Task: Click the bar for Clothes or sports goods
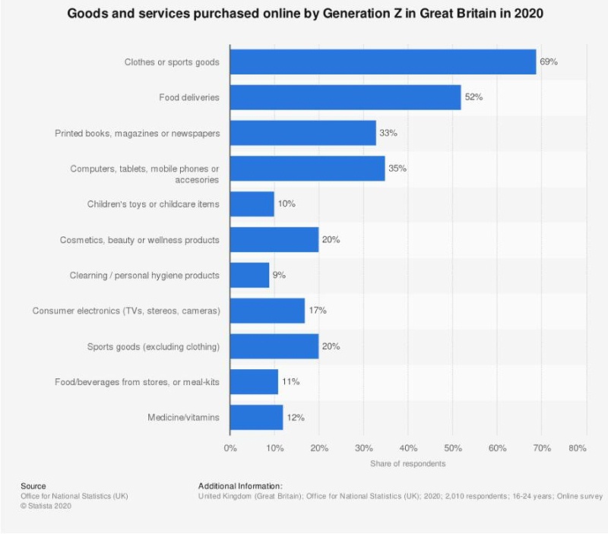point(382,62)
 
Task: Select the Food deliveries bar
point(345,97)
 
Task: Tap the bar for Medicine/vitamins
point(256,417)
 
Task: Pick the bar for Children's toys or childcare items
point(252,204)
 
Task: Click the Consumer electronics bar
point(267,311)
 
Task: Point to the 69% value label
point(549,62)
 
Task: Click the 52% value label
point(473,97)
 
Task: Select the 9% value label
point(279,275)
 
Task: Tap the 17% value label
point(318,311)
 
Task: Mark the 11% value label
point(290,381)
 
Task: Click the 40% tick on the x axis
point(408,449)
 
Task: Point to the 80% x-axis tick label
point(577,449)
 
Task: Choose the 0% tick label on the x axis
point(230,449)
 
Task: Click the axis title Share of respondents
point(408,463)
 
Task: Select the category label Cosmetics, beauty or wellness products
point(140,240)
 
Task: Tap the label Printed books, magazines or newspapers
point(138,133)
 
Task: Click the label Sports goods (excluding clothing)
point(154,346)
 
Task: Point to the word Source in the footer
point(33,486)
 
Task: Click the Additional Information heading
point(240,486)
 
